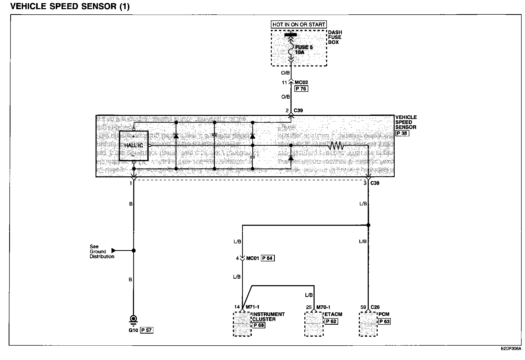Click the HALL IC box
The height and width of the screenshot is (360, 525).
click(133, 146)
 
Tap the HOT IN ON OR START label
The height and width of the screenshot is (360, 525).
click(299, 25)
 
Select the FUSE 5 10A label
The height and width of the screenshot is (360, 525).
click(304, 50)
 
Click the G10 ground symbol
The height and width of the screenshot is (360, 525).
click(133, 319)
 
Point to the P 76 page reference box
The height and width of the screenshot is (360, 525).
click(301, 89)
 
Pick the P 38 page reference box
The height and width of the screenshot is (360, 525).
click(402, 133)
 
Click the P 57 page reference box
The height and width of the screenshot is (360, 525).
click(147, 330)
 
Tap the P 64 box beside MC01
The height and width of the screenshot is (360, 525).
click(267, 258)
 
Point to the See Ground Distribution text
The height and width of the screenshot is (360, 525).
click(102, 251)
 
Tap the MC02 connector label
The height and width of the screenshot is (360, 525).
click(301, 82)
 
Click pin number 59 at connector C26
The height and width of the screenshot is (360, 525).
click(363, 307)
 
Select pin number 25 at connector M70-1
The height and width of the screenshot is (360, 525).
click(309, 307)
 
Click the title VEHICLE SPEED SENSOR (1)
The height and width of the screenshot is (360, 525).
click(70, 6)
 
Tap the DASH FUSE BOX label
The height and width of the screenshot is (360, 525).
click(335, 37)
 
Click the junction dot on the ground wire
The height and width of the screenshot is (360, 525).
click(134, 251)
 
